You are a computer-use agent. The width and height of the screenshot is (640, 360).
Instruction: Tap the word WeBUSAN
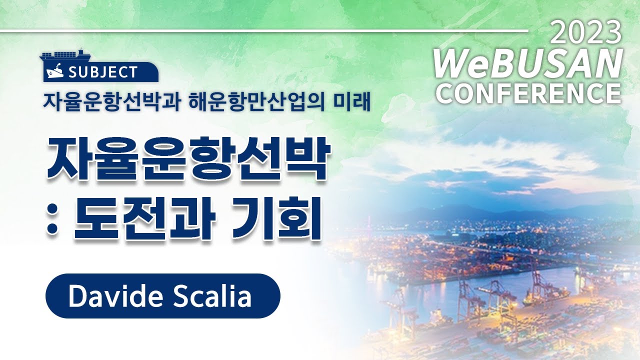point(527,64)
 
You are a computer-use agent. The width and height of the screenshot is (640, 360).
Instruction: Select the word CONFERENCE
point(528,93)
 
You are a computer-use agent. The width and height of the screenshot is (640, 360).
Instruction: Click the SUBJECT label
point(103,72)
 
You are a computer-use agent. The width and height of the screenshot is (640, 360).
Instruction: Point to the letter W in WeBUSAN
point(450,64)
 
